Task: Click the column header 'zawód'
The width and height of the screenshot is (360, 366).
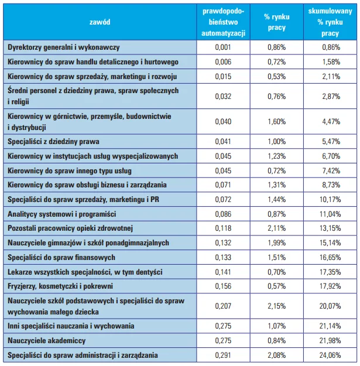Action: pyautogui.click(x=100, y=22)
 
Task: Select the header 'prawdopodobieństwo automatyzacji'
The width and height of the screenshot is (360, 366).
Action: pyautogui.click(x=223, y=22)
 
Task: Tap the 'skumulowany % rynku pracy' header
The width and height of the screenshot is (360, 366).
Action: pyautogui.click(x=330, y=22)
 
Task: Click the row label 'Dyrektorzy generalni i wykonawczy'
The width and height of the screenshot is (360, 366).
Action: pyautogui.click(x=63, y=47)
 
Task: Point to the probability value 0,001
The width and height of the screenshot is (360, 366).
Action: pyautogui.click(x=223, y=47)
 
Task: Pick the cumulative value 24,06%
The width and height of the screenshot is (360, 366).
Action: pyautogui.click(x=330, y=355)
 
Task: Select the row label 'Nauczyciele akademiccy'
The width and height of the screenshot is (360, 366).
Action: pyautogui.click(x=46, y=341)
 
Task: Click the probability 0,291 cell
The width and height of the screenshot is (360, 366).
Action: pyautogui.click(x=223, y=355)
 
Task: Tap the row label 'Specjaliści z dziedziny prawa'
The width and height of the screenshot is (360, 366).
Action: pyautogui.click(x=53, y=142)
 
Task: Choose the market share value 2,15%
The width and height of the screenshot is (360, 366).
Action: pyautogui.click(x=276, y=306)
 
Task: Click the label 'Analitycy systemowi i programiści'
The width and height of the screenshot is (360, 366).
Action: pyautogui.click(x=61, y=214)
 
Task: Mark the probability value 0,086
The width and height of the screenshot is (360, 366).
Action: pyautogui.click(x=223, y=214)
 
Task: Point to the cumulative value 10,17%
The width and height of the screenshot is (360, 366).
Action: pyautogui.click(x=330, y=200)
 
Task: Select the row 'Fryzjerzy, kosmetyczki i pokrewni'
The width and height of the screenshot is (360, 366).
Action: pyautogui.click(x=60, y=286)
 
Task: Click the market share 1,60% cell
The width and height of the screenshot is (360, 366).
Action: pyautogui.click(x=276, y=122)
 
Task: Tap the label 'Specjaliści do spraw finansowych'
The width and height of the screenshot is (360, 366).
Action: pyautogui.click(x=61, y=258)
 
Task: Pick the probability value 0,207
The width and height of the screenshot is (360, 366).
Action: pyautogui.click(x=223, y=306)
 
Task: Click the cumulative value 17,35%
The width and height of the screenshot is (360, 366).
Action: pyautogui.click(x=330, y=272)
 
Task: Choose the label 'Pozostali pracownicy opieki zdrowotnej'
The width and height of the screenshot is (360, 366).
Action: pyautogui.click(x=70, y=228)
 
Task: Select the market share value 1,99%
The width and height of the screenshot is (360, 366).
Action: pyautogui.click(x=276, y=243)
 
